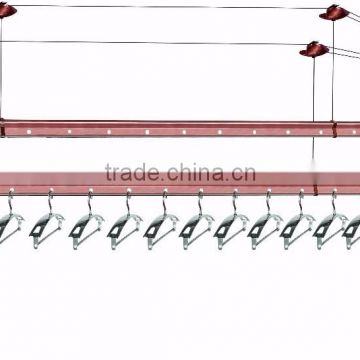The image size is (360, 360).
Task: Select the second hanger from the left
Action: (46, 233)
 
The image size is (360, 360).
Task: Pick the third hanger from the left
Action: (83, 233)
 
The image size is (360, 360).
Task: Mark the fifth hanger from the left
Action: (158, 233)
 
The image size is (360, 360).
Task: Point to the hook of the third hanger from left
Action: (89, 201)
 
